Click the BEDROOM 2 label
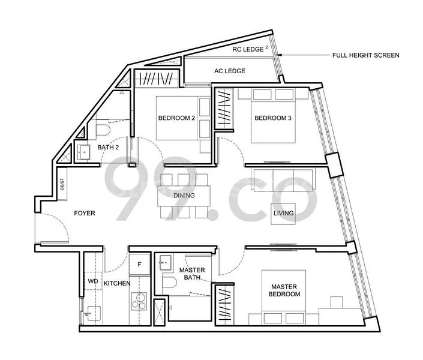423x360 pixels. (176, 118)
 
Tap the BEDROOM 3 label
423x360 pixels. (273, 118)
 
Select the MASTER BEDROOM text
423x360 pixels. (284, 290)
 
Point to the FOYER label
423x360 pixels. (85, 213)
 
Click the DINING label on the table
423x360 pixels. (184, 196)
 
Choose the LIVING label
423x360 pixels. (283, 213)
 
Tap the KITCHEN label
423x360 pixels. (117, 283)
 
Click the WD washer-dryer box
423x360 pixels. (93, 281)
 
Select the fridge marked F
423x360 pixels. (139, 264)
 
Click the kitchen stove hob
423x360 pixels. (139, 301)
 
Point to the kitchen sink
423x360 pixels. (94, 314)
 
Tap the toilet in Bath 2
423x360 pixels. (103, 130)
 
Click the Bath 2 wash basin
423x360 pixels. (84, 152)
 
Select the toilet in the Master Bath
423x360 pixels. (169, 282)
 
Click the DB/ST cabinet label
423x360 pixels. (62, 184)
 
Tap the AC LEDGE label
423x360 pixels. (230, 71)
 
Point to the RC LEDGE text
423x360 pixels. (248, 49)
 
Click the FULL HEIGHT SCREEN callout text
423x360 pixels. (366, 55)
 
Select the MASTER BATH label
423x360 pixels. (192, 274)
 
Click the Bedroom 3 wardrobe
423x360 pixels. (224, 109)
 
